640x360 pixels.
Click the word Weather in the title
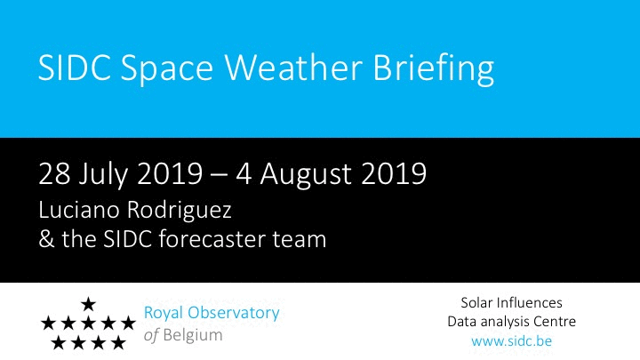point(294,67)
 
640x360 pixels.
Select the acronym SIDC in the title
point(75,67)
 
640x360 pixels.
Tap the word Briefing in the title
point(434,69)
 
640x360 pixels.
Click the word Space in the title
point(167,69)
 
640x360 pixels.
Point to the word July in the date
point(104,175)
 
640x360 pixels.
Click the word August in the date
point(306,175)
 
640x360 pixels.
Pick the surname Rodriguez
point(180,212)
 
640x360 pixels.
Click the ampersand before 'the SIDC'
point(46,239)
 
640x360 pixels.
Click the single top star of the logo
point(88,304)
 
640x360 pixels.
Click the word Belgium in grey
point(193,335)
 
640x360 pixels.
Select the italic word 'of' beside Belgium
point(151,335)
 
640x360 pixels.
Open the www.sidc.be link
point(511,341)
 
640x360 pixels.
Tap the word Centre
point(554,322)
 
